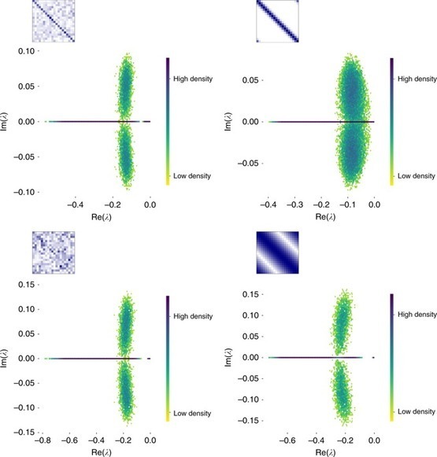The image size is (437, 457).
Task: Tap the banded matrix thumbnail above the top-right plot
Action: coord(278,21)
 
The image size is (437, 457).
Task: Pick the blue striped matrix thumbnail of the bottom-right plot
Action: coord(278,252)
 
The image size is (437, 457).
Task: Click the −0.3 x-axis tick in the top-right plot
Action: coord(294,204)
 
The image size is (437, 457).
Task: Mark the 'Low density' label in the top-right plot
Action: coord(415,176)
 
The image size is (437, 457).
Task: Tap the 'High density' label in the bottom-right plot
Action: coord(415,315)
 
